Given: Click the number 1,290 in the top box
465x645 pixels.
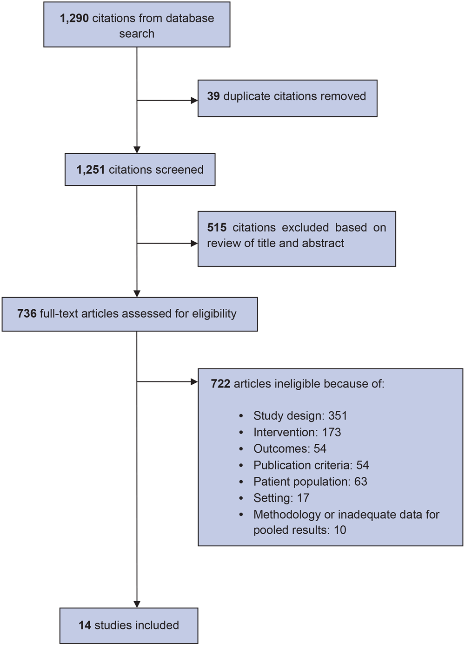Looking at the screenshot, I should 74,19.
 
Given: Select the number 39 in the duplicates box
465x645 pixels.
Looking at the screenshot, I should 213,96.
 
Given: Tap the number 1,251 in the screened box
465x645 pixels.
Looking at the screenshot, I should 91,170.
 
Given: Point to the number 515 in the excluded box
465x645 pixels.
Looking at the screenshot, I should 217,228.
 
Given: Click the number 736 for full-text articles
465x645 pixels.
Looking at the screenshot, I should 27,314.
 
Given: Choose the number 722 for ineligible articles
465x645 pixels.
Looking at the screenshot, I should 220,384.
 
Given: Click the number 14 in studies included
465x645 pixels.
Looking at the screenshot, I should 85,625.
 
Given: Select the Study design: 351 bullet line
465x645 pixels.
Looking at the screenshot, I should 300,416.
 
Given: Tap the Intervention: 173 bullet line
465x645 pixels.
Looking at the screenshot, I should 297,433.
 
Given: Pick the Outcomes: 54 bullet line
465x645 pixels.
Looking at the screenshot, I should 290,449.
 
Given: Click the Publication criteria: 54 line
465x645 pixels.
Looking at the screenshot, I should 311,465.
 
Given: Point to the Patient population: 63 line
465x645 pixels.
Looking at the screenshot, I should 310,482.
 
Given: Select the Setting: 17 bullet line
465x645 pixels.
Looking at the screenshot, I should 281,498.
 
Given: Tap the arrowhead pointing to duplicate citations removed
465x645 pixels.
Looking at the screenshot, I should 194,101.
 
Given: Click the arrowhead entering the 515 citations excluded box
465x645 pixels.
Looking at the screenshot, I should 194,244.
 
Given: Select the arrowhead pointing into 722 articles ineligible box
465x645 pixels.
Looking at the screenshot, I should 194,382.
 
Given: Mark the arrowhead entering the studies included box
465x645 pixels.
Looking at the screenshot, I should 137,604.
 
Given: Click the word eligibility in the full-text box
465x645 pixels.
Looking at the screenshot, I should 213,314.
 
